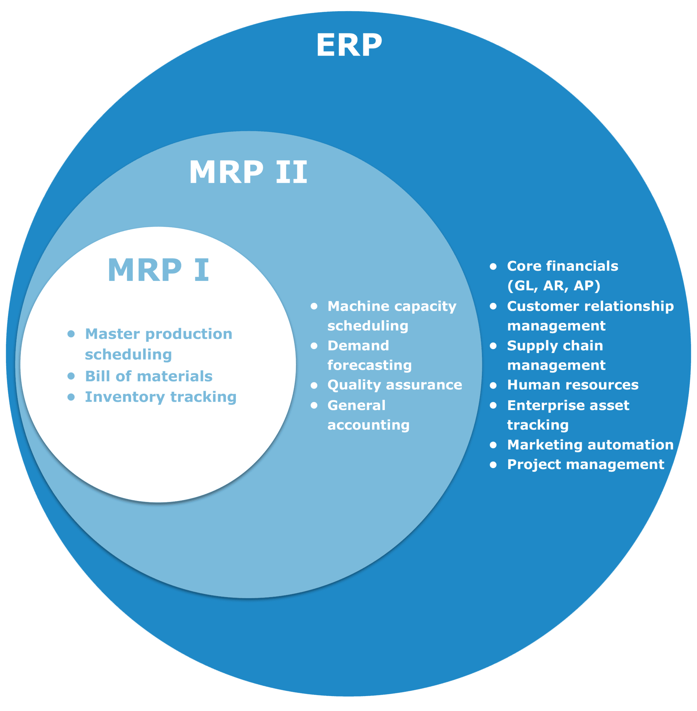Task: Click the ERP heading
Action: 349,45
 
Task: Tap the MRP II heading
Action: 248,172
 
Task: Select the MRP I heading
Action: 158,270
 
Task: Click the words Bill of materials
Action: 148,376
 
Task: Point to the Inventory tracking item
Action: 161,397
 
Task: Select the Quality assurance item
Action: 394,385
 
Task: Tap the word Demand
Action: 358,345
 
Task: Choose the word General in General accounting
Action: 356,405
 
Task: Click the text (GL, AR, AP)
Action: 553,286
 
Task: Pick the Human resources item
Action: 572,385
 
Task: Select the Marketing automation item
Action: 590,445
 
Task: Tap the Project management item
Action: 585,465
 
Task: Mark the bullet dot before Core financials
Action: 493,267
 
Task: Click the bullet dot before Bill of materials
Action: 71,376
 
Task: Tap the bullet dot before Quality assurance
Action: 314,385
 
